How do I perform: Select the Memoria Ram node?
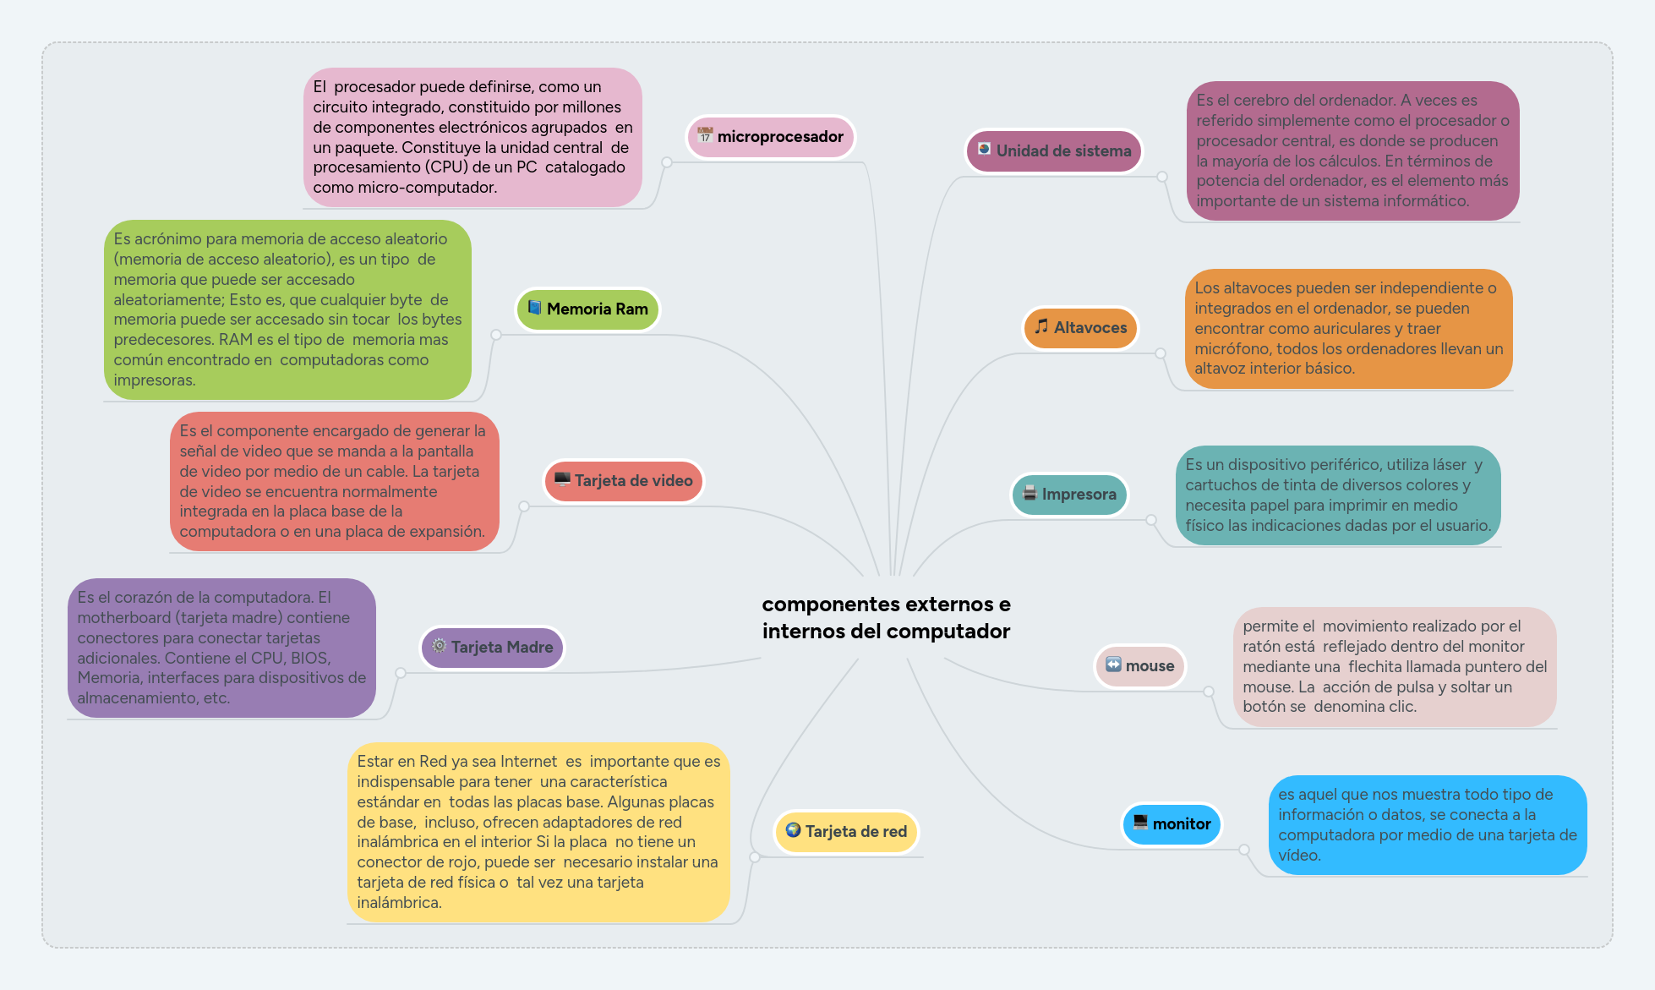pos(588,309)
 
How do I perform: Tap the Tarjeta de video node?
pos(624,481)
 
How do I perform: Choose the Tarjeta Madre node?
pos(493,648)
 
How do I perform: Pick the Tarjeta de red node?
pos(847,832)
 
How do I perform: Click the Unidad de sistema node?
pos(1054,151)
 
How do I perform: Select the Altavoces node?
pos(1081,328)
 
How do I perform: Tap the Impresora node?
pos(1070,495)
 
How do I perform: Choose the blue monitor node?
pos(1172,824)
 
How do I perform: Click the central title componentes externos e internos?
pos(886,618)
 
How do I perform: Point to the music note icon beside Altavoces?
pos(1041,326)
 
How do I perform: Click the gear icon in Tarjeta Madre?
pos(439,646)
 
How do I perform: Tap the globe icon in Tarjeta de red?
pos(793,830)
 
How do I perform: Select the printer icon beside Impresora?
pos(1030,493)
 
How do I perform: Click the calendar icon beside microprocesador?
pos(705,135)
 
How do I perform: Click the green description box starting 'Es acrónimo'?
pos(287,309)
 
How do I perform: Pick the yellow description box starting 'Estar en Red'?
pos(538,832)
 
